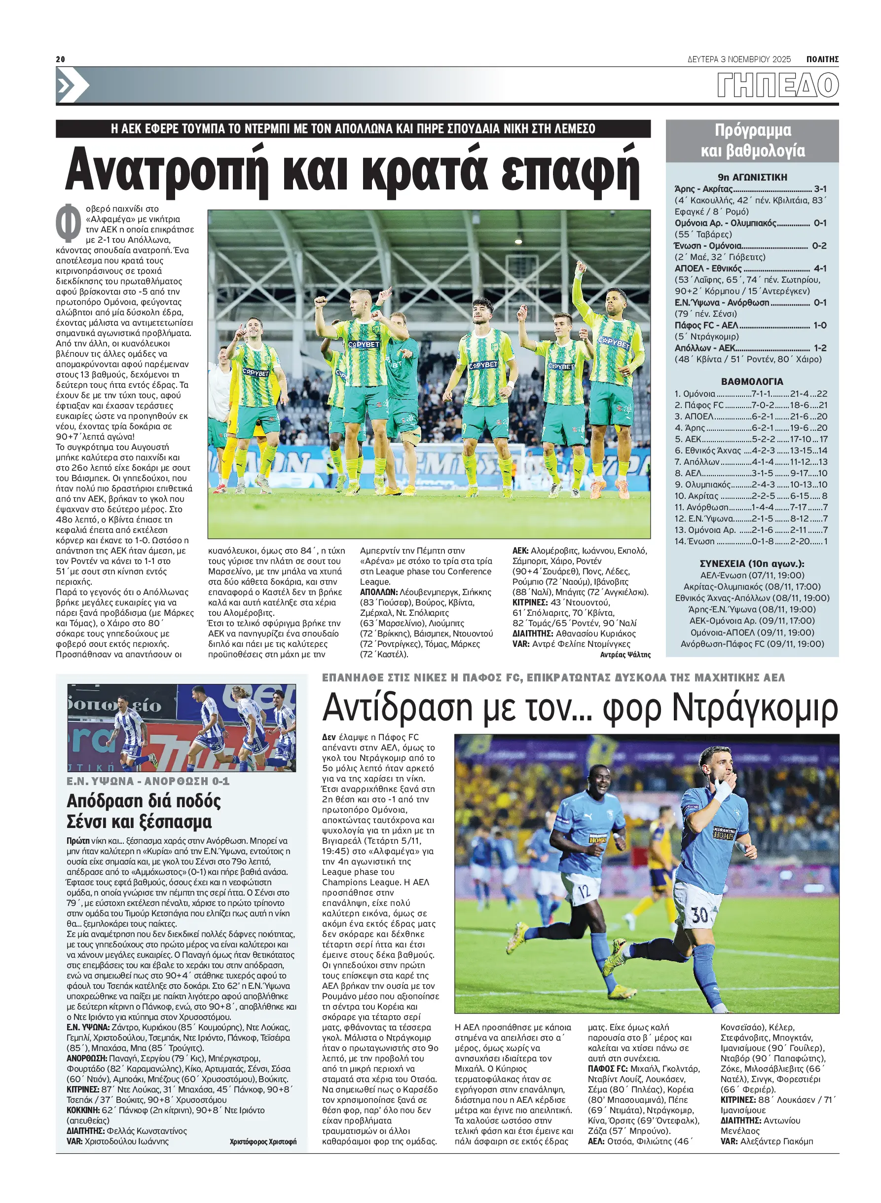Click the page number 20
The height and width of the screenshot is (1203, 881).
tap(60, 59)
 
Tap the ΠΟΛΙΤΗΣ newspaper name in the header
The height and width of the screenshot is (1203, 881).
tap(822, 59)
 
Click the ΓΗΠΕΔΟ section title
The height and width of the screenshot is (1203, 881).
tap(777, 85)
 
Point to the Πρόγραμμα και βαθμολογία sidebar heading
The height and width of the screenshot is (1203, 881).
tap(752, 141)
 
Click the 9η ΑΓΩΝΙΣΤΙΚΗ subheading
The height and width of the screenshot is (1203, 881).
tap(752, 177)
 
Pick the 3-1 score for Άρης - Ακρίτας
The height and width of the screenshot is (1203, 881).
tap(820, 189)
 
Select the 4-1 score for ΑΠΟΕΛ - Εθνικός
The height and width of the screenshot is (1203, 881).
tap(820, 268)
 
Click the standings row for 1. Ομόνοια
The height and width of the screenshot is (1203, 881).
tap(751, 394)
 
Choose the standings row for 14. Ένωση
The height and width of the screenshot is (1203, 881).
tap(751, 541)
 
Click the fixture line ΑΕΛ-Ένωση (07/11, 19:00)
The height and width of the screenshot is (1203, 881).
tap(752, 575)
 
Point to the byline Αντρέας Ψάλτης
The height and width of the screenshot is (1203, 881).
tap(625, 655)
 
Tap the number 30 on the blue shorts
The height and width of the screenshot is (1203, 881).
tap(698, 915)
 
